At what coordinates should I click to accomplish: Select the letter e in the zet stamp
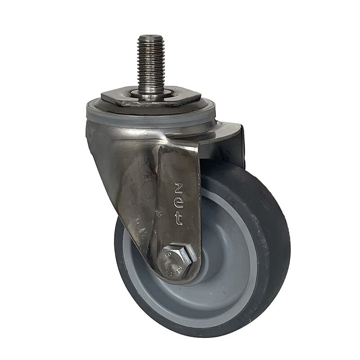tap(179, 204)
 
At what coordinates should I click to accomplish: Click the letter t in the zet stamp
tap(179, 220)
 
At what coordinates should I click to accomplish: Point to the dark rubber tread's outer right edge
tap(288, 243)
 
